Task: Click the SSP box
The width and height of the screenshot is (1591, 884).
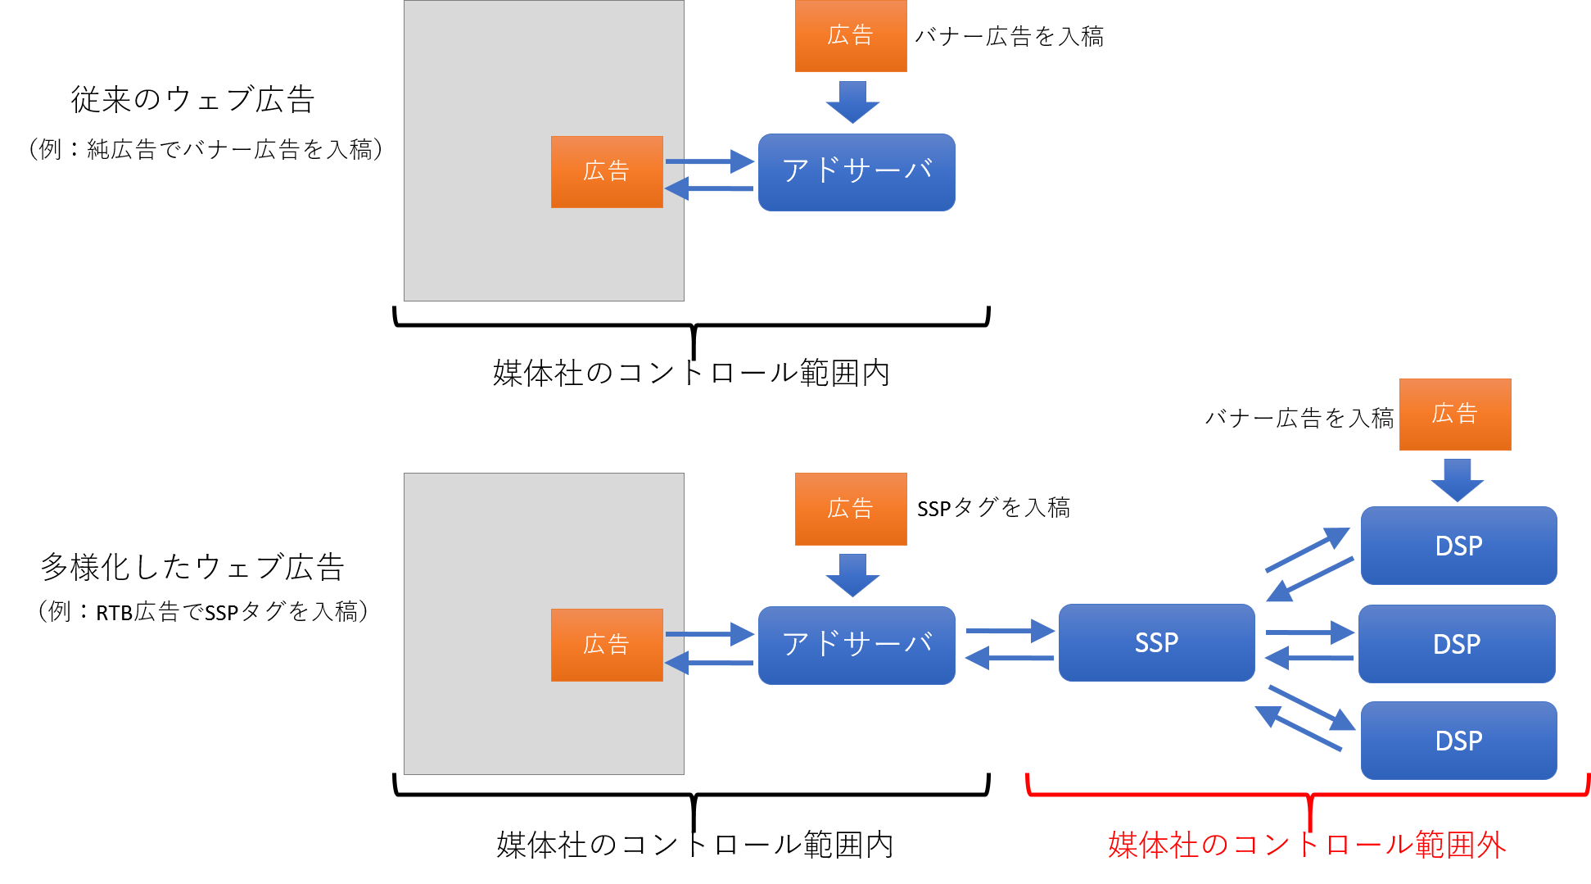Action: [x=1156, y=642]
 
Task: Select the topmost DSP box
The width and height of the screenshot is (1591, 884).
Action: [x=1458, y=546]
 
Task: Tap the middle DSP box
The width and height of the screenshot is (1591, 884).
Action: [x=1457, y=644]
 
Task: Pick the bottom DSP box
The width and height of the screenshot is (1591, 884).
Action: [x=1458, y=741]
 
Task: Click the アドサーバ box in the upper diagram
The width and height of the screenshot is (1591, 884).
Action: [x=857, y=171]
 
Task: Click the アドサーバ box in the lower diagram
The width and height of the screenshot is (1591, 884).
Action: [x=857, y=644]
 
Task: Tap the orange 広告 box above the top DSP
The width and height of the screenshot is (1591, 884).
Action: [x=1455, y=414]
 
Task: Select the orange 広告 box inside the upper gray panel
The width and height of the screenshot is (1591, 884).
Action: [x=607, y=171]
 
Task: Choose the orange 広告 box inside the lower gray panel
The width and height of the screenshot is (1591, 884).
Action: [x=607, y=645]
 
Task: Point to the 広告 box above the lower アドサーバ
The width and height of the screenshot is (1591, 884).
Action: [x=851, y=509]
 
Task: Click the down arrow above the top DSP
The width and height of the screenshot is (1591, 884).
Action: [x=1457, y=480]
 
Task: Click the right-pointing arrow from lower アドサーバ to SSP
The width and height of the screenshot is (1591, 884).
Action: [x=1010, y=631]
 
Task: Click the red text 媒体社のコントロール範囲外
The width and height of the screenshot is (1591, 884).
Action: [x=1307, y=845]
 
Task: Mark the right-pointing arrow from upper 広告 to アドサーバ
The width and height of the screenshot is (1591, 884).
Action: [x=710, y=161]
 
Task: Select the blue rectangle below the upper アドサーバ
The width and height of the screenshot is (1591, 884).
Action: [x=857, y=256]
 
